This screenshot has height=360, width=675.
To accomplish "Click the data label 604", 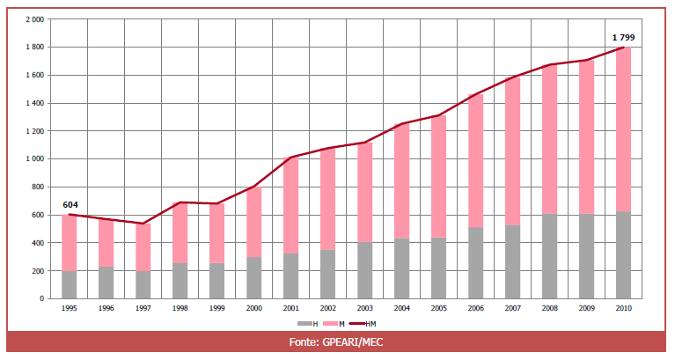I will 70,205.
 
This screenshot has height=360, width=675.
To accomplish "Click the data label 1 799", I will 623,38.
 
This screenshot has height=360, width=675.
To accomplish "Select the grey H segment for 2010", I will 623,255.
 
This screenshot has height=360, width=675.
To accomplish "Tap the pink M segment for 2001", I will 290,205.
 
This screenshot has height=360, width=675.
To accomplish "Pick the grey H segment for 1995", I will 70,284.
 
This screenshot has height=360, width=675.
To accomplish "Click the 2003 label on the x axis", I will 364,309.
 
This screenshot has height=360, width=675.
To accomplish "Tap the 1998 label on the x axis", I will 180,309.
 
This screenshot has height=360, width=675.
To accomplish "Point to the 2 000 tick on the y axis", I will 34,18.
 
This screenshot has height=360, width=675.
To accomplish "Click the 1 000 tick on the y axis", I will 34,158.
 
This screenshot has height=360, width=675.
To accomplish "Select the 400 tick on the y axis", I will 38,242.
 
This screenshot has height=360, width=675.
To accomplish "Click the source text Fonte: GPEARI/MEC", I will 338,342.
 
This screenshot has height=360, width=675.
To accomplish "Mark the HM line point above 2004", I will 401,124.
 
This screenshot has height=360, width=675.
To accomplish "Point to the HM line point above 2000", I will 253,187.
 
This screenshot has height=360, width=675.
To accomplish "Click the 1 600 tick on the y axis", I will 34,75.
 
